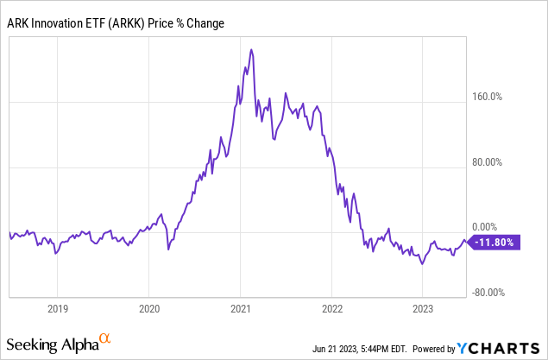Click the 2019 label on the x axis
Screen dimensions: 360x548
pos(57,308)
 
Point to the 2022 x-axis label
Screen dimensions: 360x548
pos(332,308)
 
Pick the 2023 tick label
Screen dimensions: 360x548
pos(424,308)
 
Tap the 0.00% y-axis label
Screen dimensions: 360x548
pos(497,226)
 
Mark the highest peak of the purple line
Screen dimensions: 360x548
pos(251,50)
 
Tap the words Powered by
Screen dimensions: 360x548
pos(430,350)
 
